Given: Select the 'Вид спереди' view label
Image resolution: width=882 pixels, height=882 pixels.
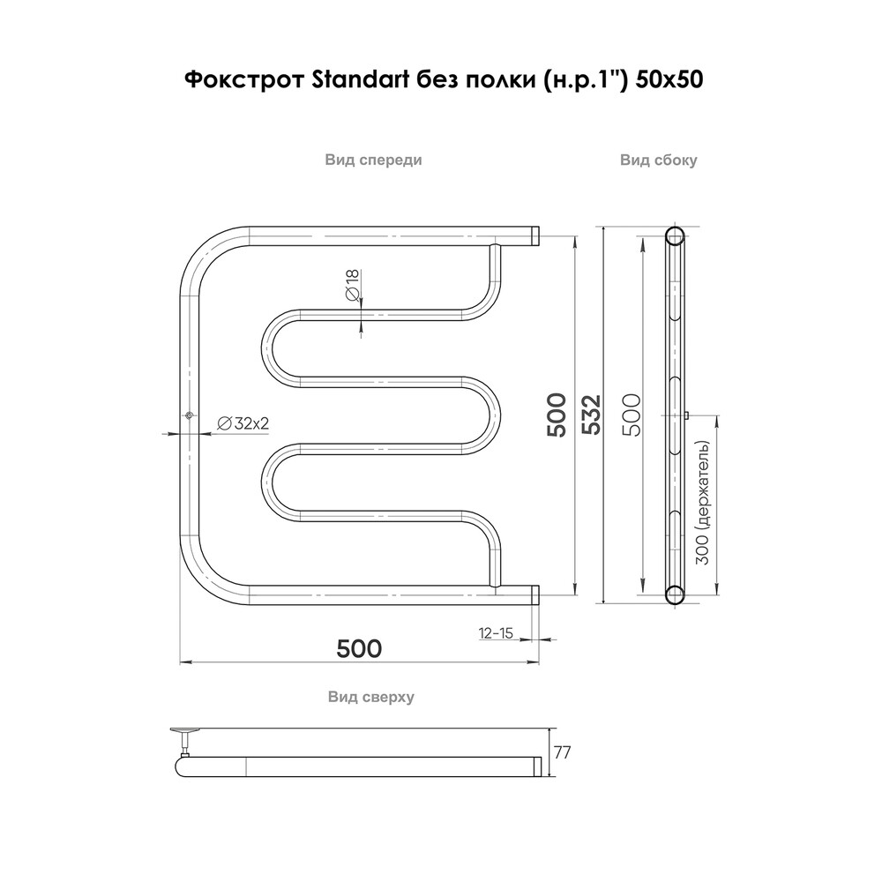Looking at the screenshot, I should pos(373,160).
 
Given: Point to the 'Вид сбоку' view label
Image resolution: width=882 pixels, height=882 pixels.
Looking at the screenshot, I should pos(659,160).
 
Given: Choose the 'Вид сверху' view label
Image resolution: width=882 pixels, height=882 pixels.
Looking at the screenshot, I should pos(371,697).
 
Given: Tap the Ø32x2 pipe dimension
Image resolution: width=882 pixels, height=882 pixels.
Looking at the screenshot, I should pos(242,424).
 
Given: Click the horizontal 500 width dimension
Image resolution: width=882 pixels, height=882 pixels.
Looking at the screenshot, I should pos(360,648).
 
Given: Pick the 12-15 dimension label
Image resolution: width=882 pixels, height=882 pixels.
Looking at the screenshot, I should pos(496,632).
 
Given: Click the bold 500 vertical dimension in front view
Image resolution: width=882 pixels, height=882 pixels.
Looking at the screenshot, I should pos(557,415).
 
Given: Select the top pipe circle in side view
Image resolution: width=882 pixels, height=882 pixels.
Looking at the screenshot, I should pos(675,235).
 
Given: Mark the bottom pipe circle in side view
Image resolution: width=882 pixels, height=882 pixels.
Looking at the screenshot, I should pos(675,594).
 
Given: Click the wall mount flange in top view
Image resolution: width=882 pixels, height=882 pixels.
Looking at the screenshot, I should pos(185,731).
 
